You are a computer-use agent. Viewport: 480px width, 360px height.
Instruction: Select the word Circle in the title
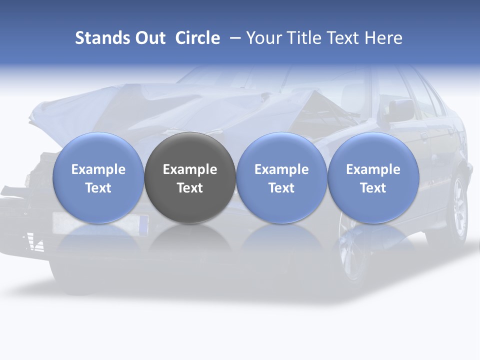[197, 38]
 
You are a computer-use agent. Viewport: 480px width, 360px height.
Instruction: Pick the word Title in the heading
[304, 38]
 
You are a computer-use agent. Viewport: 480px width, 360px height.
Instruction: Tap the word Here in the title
[384, 38]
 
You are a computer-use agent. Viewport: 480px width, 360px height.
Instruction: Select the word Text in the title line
[343, 38]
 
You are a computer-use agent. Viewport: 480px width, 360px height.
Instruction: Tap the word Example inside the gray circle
[190, 169]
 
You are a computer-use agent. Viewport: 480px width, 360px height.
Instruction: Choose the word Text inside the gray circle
[190, 188]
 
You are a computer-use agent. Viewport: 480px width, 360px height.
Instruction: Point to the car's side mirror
[400, 110]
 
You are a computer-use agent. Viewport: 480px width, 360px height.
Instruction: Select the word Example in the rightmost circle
[373, 169]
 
